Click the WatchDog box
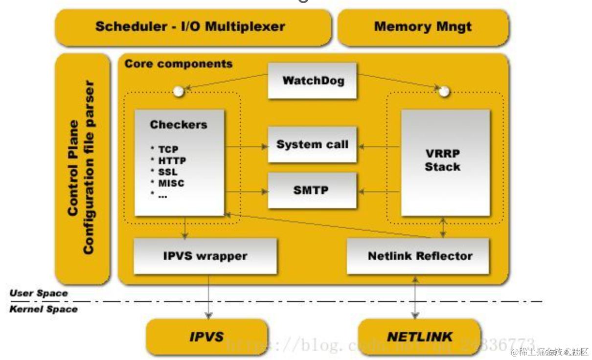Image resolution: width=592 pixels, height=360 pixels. (312, 81)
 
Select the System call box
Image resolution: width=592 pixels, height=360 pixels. (312, 144)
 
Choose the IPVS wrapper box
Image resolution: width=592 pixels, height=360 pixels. (205, 255)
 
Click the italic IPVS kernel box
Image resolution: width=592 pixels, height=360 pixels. (206, 337)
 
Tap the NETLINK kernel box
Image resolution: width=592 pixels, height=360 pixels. (420, 337)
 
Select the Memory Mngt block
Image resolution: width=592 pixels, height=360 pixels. (423, 26)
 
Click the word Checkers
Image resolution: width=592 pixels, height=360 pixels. (179, 125)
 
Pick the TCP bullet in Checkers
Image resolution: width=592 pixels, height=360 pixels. (168, 150)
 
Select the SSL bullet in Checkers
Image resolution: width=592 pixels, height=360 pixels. (167, 172)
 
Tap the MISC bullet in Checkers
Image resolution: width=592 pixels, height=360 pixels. (170, 183)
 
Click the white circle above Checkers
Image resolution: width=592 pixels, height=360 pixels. (179, 91)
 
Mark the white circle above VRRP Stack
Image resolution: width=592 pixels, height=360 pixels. (444, 91)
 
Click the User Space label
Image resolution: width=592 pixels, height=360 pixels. (38, 293)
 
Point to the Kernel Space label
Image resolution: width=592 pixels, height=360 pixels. (43, 309)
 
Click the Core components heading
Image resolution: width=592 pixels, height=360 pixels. (179, 64)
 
